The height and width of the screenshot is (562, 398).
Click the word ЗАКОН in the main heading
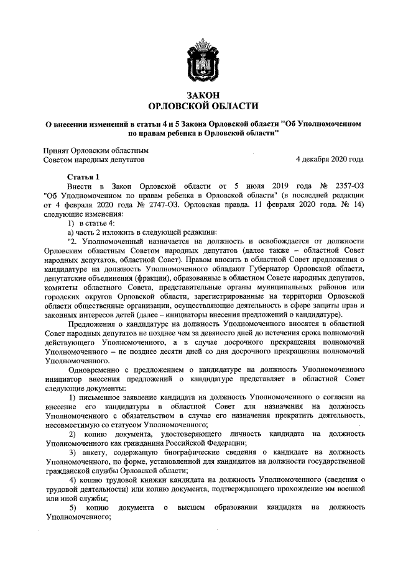pos(199,93)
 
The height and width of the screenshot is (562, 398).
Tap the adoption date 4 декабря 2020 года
pos(330,159)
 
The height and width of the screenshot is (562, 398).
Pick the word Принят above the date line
pos(56,150)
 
